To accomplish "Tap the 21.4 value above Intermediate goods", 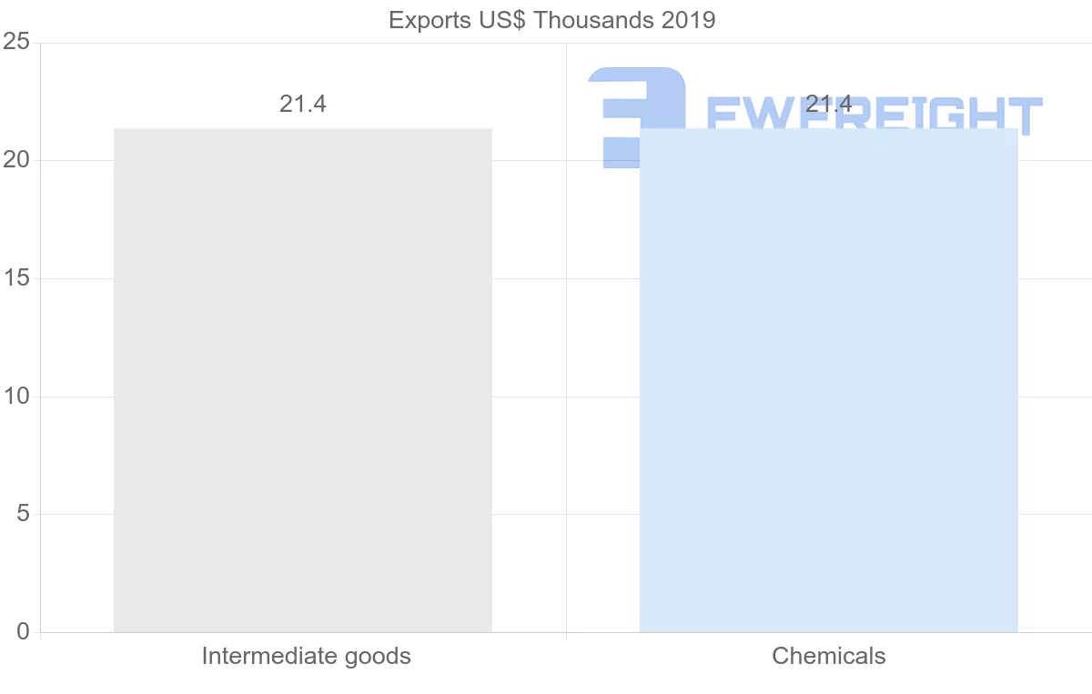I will pyautogui.click(x=302, y=105).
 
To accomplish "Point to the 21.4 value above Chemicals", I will pyautogui.click(x=828, y=105).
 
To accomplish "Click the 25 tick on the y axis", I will pyautogui.click(x=17, y=43).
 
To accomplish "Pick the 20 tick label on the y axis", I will pyautogui.click(x=17, y=161).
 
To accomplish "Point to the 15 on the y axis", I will pyautogui.click(x=17, y=278).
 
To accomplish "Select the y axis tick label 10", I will pyautogui.click(x=17, y=397).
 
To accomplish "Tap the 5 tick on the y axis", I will pyautogui.click(x=23, y=515).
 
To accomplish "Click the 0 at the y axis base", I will pyautogui.click(x=23, y=632).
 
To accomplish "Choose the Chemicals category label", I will pyautogui.click(x=828, y=656).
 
